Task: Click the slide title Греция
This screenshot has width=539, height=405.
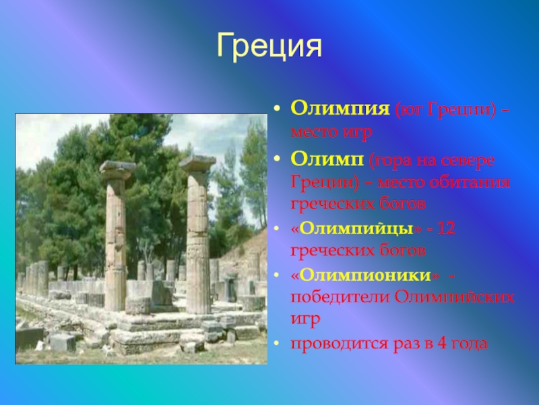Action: click(x=269, y=46)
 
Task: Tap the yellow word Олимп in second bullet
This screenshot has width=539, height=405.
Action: click(x=327, y=160)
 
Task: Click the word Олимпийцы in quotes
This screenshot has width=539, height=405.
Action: click(x=356, y=229)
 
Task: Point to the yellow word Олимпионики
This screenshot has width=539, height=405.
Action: click(x=365, y=275)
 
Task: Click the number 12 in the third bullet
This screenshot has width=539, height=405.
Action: click(x=446, y=228)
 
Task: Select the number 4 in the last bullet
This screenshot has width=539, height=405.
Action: click(x=442, y=344)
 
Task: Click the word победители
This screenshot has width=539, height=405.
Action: click(x=340, y=297)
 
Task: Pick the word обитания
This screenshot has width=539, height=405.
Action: click(x=478, y=182)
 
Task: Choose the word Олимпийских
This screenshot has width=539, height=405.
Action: click(x=454, y=296)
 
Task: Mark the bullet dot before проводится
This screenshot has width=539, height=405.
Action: click(x=277, y=344)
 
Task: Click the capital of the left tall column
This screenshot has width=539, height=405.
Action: click(x=117, y=171)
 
